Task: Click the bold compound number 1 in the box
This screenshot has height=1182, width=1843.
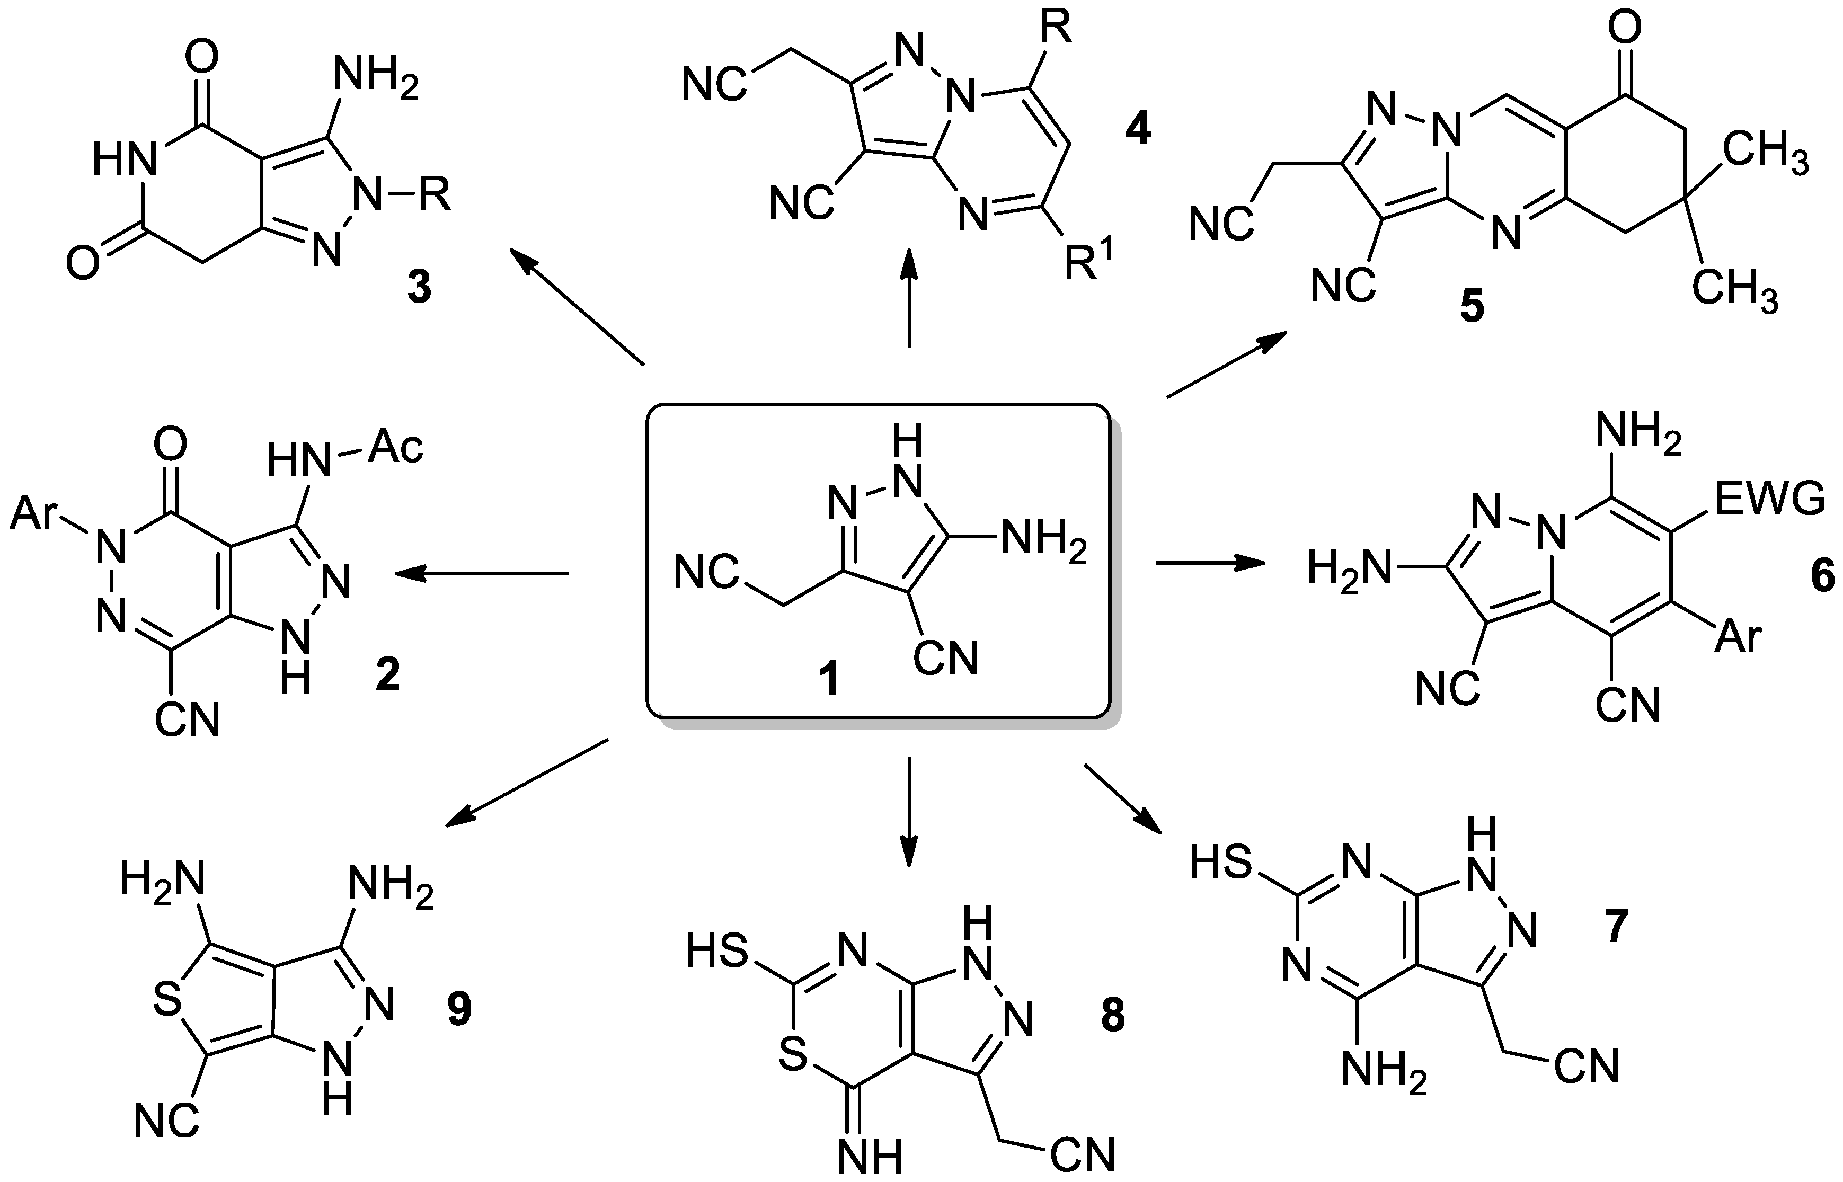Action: click(828, 680)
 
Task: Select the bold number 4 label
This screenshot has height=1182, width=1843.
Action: click(1138, 130)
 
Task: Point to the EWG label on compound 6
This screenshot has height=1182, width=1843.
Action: click(1768, 501)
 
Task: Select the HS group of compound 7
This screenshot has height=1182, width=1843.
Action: click(1220, 864)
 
